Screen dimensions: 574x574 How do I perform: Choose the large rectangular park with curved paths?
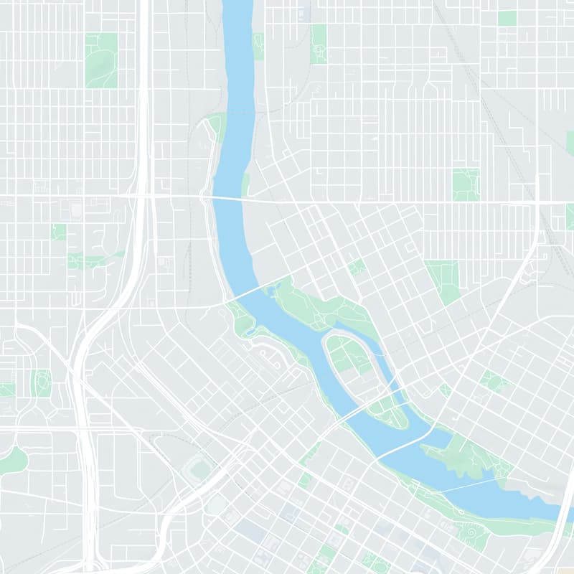101,60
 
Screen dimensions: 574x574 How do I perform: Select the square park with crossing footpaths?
466,184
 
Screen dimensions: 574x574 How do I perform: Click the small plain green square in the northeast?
507,18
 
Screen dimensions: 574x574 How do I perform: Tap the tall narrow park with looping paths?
319,43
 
